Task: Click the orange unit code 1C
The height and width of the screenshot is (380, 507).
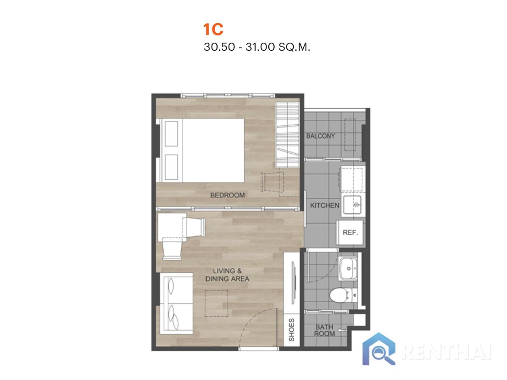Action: click(x=213, y=29)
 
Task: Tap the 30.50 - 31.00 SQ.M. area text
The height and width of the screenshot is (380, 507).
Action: click(x=256, y=47)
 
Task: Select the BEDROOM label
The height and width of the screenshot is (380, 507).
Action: click(x=227, y=195)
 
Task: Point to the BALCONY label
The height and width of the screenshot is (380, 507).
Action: click(x=320, y=136)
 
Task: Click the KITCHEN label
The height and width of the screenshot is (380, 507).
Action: click(x=324, y=205)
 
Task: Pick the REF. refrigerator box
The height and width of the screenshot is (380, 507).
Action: click(x=350, y=232)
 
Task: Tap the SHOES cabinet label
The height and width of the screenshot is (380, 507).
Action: click(x=291, y=330)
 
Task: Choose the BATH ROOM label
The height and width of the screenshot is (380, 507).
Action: click(x=324, y=331)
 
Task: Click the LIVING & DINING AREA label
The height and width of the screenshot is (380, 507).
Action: click(x=227, y=275)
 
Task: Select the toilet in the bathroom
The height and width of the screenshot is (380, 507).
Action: click(x=343, y=296)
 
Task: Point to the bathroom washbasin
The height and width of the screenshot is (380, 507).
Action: click(x=348, y=269)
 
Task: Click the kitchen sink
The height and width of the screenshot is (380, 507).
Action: click(x=353, y=205)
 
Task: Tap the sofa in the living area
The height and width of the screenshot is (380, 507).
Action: click(x=176, y=304)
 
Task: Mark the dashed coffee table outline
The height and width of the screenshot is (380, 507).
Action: click(x=216, y=304)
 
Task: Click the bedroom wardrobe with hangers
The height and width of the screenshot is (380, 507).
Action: click(x=287, y=135)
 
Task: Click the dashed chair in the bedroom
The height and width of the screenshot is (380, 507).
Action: click(x=272, y=182)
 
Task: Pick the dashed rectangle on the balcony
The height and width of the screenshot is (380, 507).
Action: click(x=350, y=135)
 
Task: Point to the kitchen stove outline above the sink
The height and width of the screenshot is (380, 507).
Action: click(x=352, y=180)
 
